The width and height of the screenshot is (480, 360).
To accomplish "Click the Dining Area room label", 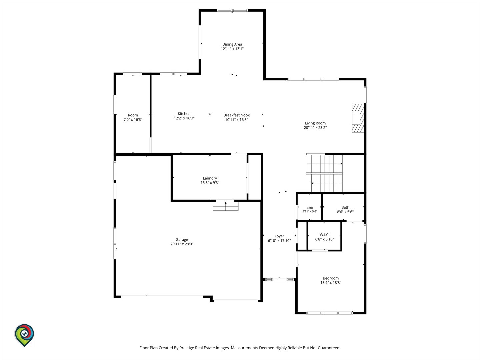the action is point(232,44).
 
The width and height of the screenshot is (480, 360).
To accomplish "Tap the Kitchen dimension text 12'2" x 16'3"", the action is point(184,118).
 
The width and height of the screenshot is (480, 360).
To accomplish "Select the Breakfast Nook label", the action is point(236,115).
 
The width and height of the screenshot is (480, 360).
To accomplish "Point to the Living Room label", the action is point(315,123).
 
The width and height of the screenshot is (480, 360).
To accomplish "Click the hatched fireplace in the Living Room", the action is point(358,118).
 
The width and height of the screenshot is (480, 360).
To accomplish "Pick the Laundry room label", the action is point(210,178).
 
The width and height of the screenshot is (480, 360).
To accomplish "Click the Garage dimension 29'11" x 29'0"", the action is point(182,244).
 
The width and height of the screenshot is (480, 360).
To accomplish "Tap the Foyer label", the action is point(279,236).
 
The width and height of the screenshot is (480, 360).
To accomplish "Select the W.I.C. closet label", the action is point(325,235).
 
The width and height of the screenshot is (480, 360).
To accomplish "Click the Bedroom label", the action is point(331,278).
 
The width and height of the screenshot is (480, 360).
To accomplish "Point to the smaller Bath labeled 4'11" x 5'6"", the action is point(310,210).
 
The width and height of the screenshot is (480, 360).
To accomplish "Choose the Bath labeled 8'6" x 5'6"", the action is point(345,209).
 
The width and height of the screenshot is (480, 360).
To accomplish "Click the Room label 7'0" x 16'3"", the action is point(133,117).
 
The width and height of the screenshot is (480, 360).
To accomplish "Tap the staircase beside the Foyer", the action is point(324,173).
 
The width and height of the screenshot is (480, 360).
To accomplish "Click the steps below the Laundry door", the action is point(225,206).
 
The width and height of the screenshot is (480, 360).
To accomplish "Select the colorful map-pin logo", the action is point(24,335).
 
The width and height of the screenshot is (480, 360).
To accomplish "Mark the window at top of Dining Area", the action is point(232,10).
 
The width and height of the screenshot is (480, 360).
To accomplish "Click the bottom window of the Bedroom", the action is point(330,313).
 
